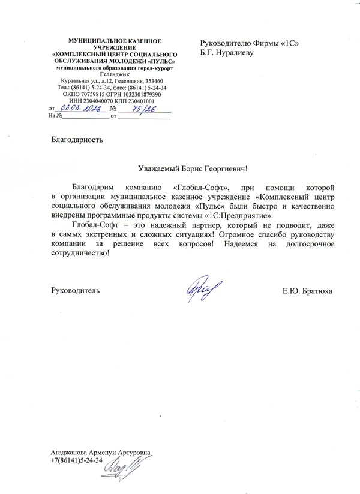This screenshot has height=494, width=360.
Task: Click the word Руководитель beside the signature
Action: coord(75,291)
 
